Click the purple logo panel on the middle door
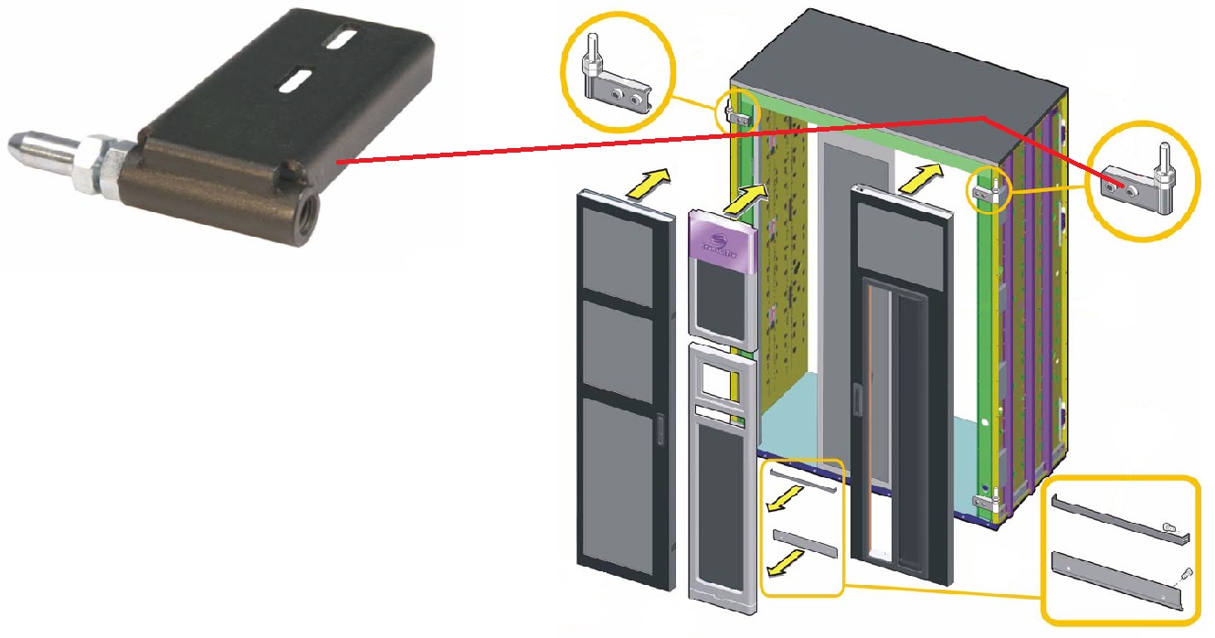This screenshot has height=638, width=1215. (x=722, y=243)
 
